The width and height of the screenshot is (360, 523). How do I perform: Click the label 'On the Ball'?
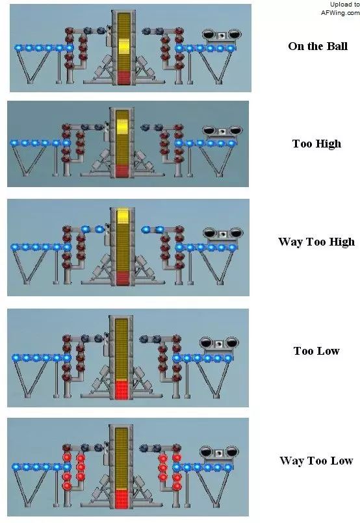pos(318,46)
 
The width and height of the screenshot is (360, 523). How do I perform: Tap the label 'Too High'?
pos(316,144)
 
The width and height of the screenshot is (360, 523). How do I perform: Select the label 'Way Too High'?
pos(316,242)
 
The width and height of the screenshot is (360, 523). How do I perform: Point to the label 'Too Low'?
pos(316,351)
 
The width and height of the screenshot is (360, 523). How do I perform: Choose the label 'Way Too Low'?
pos(316,461)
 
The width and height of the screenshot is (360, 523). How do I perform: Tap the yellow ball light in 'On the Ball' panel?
pos(123,46)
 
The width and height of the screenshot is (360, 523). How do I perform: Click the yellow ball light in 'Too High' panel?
pos(122,127)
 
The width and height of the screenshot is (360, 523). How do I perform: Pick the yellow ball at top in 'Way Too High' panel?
pos(123,216)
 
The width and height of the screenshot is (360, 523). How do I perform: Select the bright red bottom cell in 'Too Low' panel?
pos(122,390)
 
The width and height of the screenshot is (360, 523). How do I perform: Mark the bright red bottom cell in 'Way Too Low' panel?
pos(122,499)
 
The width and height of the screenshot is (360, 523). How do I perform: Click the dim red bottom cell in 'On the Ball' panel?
pos(123,77)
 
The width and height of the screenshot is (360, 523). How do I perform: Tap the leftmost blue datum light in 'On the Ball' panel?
pos(18,48)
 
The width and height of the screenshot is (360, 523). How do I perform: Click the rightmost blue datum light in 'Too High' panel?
pos(231,144)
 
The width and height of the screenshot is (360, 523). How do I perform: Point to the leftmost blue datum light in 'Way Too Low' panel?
pos(16,466)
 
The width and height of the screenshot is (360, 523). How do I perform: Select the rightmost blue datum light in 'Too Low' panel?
pos(228,359)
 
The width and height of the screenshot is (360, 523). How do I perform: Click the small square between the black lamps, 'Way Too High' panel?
pos(222,233)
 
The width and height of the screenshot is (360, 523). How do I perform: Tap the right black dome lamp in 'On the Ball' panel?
pos(235,34)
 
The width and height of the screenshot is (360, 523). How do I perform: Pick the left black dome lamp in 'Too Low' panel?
pos(206,342)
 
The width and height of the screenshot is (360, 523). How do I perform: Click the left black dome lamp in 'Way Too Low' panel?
pos(206,452)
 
